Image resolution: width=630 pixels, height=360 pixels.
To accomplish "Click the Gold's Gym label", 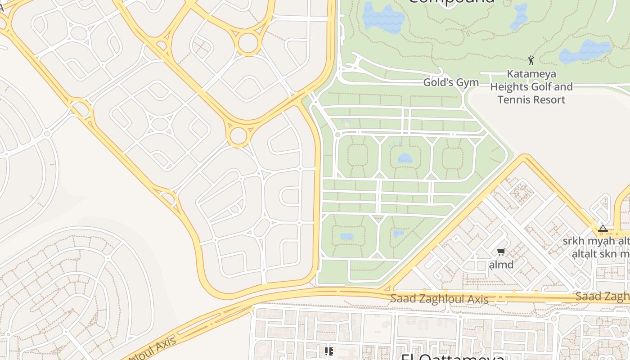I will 451,82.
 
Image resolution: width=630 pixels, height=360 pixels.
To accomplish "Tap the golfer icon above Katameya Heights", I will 531,60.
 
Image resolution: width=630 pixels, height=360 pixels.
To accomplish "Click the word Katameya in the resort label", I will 531,74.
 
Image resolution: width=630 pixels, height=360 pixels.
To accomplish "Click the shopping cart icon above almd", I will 501,252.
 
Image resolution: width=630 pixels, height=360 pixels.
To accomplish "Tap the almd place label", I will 501,265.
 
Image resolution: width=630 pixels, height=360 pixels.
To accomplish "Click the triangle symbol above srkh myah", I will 603,229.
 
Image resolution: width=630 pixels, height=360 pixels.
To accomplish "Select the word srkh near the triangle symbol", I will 573,241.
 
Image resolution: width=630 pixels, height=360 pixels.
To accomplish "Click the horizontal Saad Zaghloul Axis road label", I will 439,299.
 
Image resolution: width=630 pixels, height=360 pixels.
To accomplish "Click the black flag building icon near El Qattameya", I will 329,351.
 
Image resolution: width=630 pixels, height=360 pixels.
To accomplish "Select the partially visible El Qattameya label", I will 452,357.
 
